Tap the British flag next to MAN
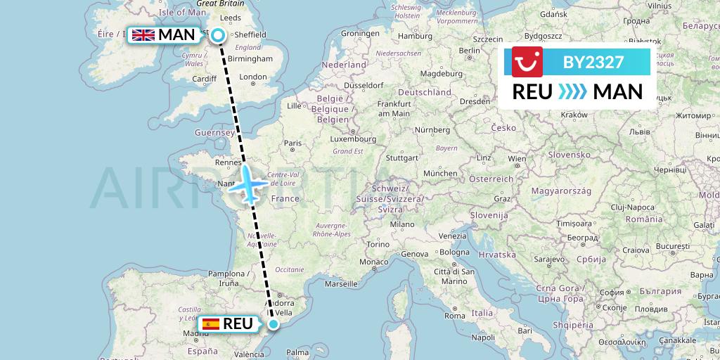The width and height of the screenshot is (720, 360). coord(143,34)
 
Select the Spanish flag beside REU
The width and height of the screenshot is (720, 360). coord(210,324)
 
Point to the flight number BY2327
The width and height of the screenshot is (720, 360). coord(593,63)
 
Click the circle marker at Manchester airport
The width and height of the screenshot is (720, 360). coord(218,34)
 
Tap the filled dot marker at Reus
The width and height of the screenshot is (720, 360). coord(274,323)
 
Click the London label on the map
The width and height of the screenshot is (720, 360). coord(253,77)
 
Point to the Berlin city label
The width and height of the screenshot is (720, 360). coord(469,51)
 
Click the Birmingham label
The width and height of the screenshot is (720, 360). coord(250,58)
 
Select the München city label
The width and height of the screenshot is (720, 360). coord(441,173)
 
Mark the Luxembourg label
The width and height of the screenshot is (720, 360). coord(342,139)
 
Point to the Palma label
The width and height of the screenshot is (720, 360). coord(298,352)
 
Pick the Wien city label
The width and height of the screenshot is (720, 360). coord(517,159)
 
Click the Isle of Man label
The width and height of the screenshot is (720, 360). coord(183,13)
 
